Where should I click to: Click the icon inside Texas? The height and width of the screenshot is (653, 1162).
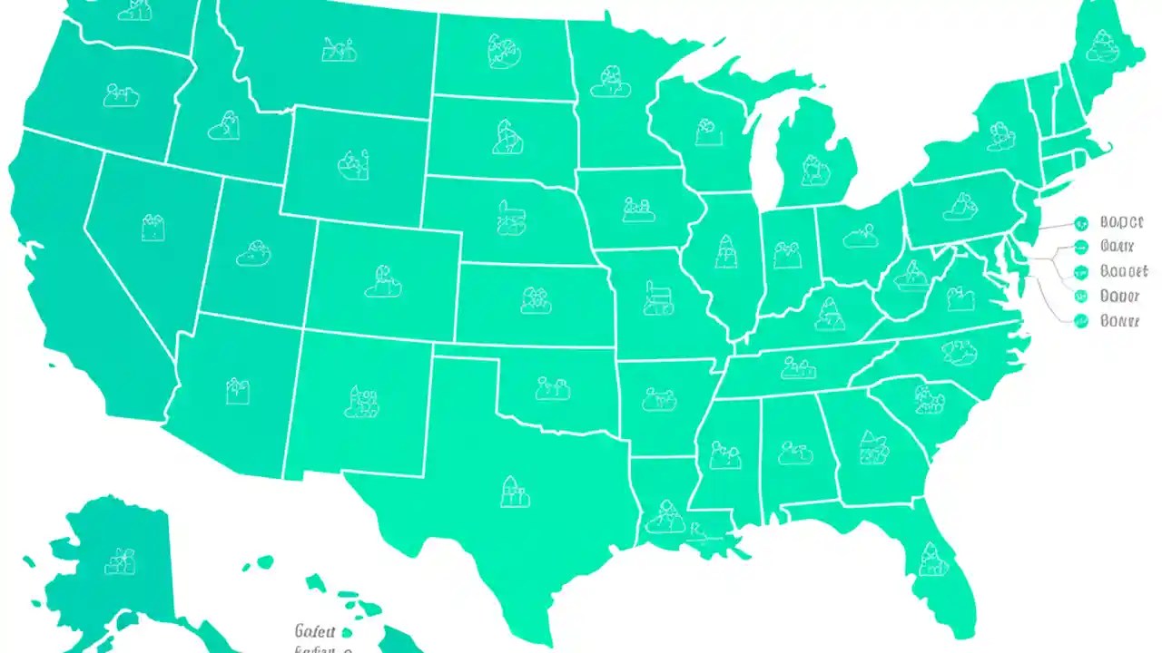[x=514, y=492]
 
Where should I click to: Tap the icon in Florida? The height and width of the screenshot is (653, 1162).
[x=931, y=560]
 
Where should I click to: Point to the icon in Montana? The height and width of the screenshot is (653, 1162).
[x=339, y=49]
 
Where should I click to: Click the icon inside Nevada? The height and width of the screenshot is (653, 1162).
[x=153, y=227]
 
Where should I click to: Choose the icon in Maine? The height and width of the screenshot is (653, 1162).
[x=1103, y=45]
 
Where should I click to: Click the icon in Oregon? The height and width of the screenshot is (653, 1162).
[x=121, y=94]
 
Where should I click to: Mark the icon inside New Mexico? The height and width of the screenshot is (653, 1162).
[x=361, y=401]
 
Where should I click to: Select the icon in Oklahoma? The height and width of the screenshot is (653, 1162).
[x=552, y=388]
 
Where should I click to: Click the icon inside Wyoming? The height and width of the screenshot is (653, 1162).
[x=352, y=163]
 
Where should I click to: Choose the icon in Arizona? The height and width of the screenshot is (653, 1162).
[x=238, y=391]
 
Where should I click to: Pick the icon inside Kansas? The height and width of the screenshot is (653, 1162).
[x=536, y=300]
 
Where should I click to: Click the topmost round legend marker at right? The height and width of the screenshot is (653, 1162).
[x=1080, y=221]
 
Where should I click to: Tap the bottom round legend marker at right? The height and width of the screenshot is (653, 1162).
[x=1080, y=320]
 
